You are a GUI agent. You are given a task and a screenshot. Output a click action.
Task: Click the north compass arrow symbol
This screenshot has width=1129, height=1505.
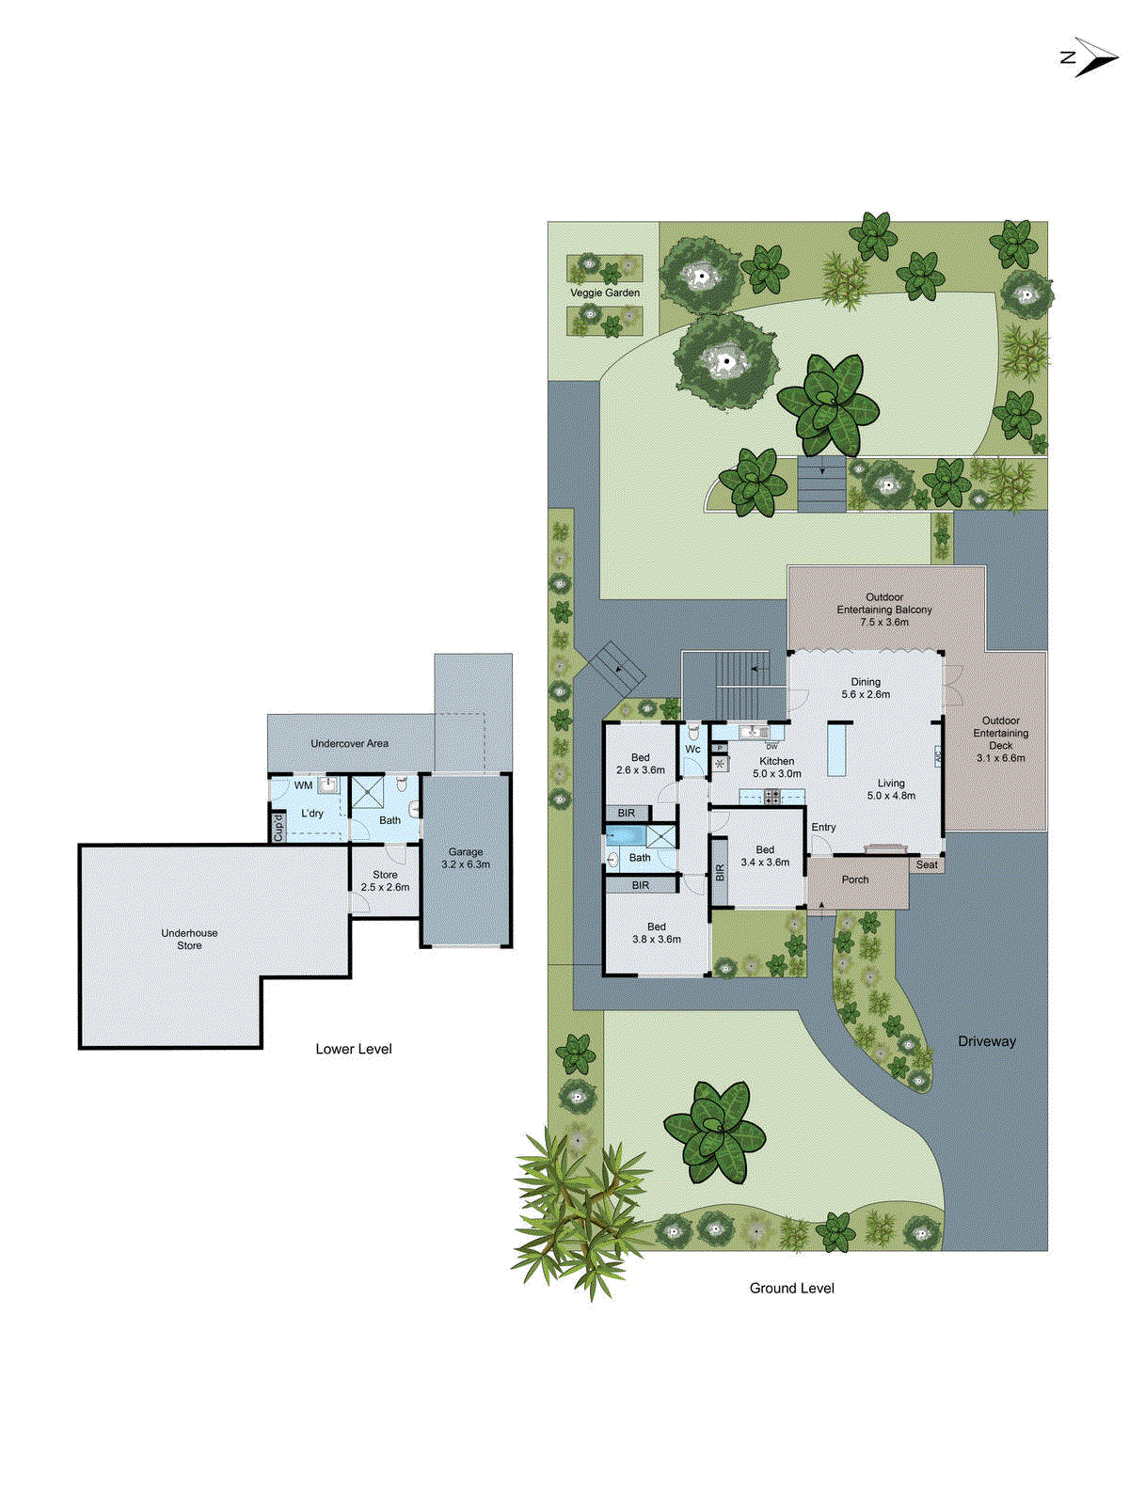[x=1091, y=56]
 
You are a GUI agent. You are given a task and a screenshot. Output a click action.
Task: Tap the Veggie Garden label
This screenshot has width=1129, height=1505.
[x=604, y=293]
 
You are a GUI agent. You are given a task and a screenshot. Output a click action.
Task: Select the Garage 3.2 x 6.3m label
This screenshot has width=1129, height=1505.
[x=466, y=858]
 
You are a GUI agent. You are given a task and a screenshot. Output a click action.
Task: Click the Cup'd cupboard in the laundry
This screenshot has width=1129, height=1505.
[x=278, y=827]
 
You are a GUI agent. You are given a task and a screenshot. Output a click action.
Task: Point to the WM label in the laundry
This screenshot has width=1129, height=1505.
[x=303, y=785]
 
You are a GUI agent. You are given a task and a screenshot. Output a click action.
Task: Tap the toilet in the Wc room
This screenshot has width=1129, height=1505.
[x=693, y=731]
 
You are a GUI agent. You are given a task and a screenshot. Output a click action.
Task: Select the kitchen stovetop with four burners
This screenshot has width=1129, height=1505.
[x=771, y=798]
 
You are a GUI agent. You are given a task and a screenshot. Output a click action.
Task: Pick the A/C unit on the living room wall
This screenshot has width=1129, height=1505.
[x=938, y=756]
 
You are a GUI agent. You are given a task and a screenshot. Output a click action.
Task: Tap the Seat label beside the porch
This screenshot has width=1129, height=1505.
[x=927, y=864]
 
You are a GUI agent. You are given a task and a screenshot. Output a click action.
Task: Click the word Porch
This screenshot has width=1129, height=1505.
[x=855, y=879]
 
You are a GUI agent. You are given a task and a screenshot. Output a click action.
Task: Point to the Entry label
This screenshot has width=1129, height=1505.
[x=823, y=827]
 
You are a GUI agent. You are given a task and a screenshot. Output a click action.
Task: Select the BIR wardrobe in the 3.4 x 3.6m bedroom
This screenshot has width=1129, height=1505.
[x=720, y=873]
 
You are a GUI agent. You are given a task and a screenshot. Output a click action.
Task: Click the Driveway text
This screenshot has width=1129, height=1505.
[x=987, y=1041]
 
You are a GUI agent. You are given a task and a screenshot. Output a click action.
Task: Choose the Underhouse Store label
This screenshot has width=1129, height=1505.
[x=189, y=939]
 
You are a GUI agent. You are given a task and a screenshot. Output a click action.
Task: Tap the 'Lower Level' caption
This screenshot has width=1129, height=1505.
[x=354, y=1049]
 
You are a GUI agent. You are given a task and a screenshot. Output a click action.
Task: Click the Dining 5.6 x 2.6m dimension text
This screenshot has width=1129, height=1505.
[x=866, y=694]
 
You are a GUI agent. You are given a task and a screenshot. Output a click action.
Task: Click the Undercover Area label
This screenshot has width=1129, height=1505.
[x=349, y=743]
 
